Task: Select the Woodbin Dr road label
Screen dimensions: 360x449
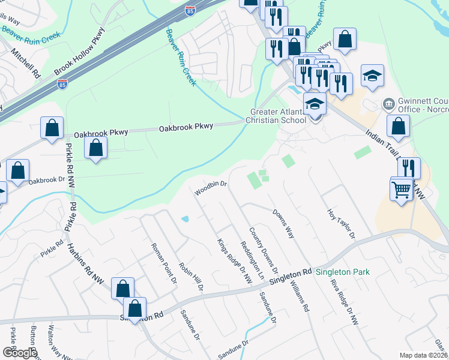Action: [x=211, y=188]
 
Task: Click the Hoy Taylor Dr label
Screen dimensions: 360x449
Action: [x=342, y=224]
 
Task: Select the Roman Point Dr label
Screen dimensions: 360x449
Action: [x=164, y=263]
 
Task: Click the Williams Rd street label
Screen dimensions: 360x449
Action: [x=298, y=298]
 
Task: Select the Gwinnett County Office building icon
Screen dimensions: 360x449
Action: [x=388, y=105]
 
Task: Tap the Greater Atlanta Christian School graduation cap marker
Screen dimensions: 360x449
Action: [x=315, y=104]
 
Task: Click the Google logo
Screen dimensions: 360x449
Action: [x=19, y=353]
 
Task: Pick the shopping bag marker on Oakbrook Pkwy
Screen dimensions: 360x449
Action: [x=96, y=147]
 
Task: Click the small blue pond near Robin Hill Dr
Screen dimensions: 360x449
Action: [x=185, y=219]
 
